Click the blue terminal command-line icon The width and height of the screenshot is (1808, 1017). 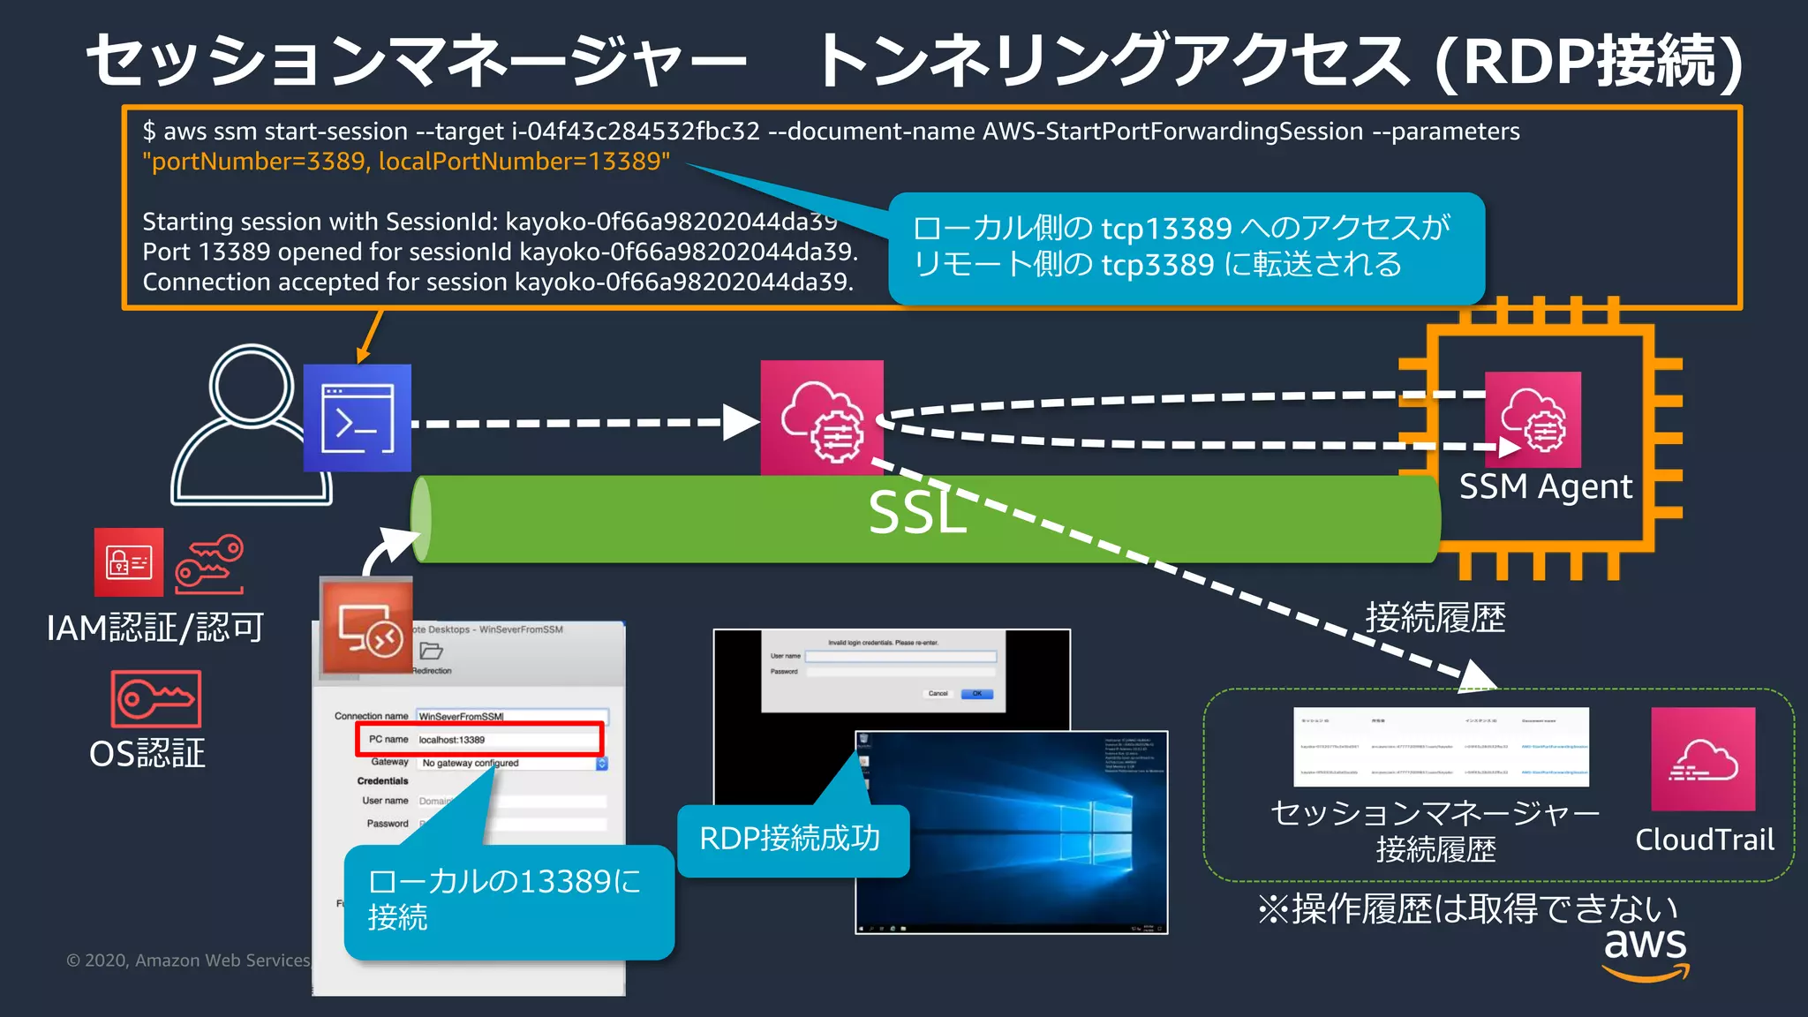pos(358,418)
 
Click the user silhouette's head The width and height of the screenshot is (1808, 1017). pos(252,386)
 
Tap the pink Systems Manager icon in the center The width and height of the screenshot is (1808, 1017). pos(822,418)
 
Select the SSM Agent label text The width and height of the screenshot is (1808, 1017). pos(1545,486)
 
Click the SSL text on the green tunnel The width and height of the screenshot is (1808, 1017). pos(916,513)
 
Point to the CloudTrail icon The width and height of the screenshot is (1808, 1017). pos(1703,758)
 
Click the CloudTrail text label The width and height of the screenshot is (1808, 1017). pos(1704,840)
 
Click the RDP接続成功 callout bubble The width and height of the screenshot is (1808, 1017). pos(790,839)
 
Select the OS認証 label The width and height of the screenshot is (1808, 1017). pos(147,753)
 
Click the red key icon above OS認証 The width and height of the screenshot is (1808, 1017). pos(156,698)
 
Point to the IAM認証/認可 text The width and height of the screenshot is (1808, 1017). pos(155,628)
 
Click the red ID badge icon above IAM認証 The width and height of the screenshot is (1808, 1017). pos(129,562)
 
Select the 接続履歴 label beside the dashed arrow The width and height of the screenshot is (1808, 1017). pos(1435,617)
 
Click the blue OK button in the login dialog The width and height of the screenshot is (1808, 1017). pos(976,694)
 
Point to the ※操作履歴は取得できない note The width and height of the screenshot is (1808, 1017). pos(1466,908)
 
